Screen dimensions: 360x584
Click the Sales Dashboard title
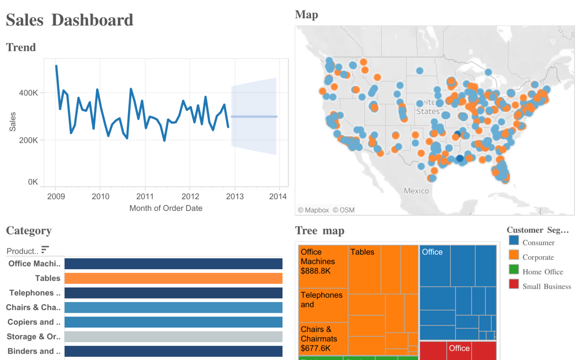[x=70, y=20]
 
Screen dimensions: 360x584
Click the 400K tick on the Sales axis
[x=29, y=93]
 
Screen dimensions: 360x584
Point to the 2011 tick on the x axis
[x=145, y=196]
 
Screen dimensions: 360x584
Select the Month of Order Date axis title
[x=166, y=208]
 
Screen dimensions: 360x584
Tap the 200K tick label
[x=29, y=140]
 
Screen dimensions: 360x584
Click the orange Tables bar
[x=173, y=278]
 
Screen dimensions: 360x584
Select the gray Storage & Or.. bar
[x=173, y=337]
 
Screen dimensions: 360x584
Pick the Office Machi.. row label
[x=35, y=264]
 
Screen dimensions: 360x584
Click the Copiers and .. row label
[x=34, y=322]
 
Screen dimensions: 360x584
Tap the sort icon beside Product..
[x=45, y=249]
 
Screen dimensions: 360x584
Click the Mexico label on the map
[x=416, y=191]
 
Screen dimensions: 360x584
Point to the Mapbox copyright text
[x=313, y=210]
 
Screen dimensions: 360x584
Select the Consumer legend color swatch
[x=514, y=240]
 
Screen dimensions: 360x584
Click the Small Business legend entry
[x=546, y=287]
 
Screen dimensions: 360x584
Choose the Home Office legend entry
[x=542, y=272]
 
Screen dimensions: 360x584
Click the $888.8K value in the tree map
[x=315, y=271]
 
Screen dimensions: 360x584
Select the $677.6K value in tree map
[x=315, y=349]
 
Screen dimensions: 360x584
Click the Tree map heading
[x=320, y=231]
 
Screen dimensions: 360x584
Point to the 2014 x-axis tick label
[x=278, y=196]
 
